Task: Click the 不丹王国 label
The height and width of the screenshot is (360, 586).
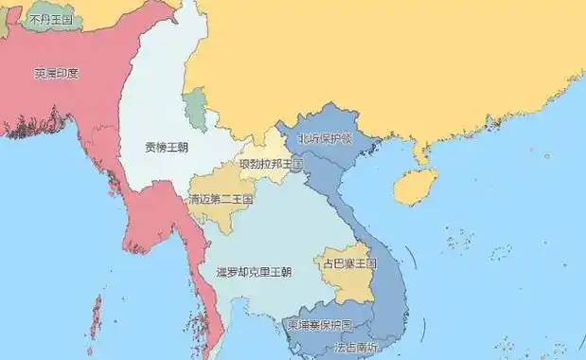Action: click(x=51, y=18)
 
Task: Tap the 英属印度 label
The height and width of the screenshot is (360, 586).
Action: click(x=56, y=73)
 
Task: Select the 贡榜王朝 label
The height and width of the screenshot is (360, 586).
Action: click(x=166, y=148)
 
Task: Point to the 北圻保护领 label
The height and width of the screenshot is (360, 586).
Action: click(x=325, y=138)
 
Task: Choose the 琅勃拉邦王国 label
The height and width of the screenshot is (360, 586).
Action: click(x=271, y=164)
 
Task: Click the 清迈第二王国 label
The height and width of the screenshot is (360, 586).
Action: click(x=221, y=200)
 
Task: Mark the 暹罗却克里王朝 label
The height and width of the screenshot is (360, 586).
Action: click(x=253, y=272)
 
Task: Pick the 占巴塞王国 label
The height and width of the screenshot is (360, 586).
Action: click(x=349, y=263)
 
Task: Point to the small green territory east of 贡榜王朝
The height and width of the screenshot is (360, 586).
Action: click(x=196, y=111)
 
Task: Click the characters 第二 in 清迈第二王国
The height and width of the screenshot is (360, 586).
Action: click(x=221, y=200)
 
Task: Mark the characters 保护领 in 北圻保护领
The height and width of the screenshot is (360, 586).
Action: click(x=332, y=138)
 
